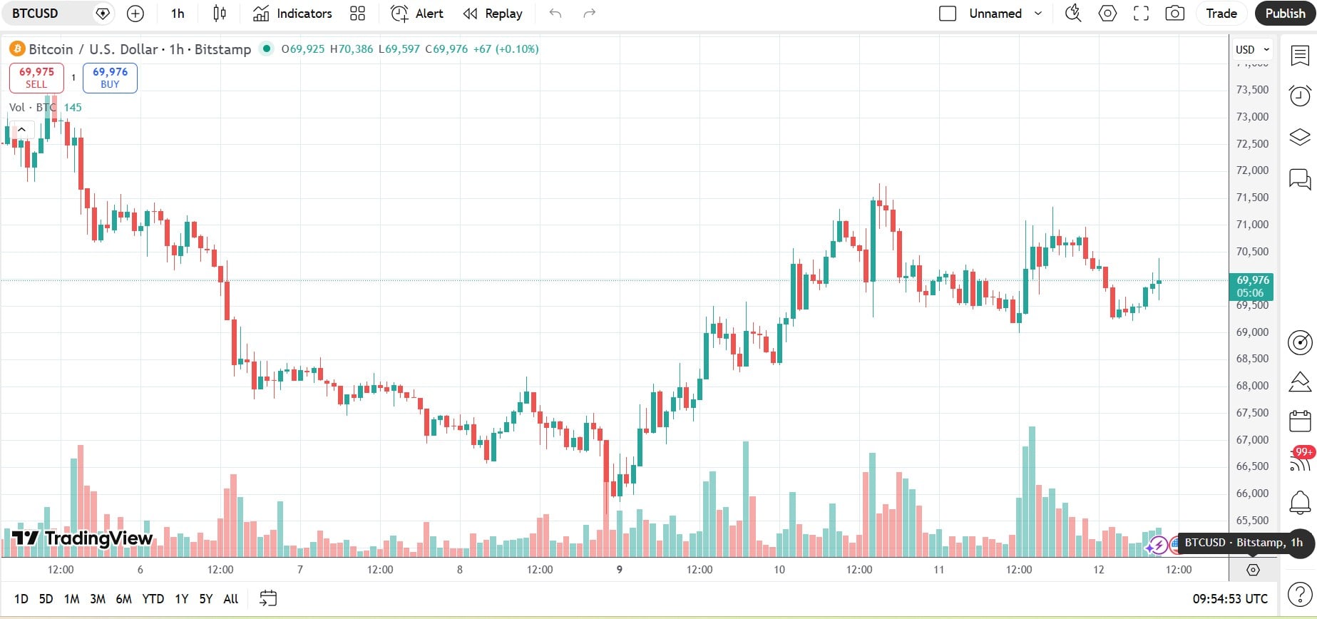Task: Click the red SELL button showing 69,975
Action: pos(36,78)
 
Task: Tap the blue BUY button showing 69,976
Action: pos(110,78)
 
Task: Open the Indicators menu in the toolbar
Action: pos(292,14)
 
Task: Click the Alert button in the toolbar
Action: pos(417,14)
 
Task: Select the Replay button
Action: pos(493,14)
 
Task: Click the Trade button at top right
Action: pos(1221,14)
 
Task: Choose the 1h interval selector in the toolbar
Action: pos(178,14)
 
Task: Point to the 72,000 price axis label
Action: pos(1252,170)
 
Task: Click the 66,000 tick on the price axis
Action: pos(1252,493)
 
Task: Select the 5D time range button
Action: pos(46,599)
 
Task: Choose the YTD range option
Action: pos(153,599)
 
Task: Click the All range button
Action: pos(230,599)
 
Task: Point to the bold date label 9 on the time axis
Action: pos(620,570)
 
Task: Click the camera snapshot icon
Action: pos(1174,14)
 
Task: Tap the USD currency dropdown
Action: pos(1252,49)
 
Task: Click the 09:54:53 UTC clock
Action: pos(1230,599)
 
